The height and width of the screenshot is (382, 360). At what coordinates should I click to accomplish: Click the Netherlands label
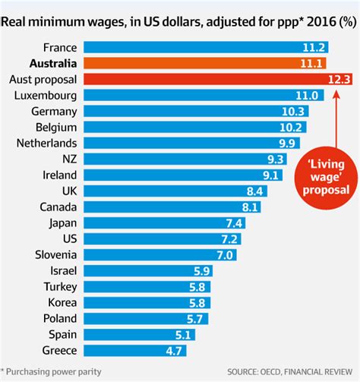click(x=44, y=143)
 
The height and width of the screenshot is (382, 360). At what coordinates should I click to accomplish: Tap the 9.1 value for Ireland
click(x=271, y=175)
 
